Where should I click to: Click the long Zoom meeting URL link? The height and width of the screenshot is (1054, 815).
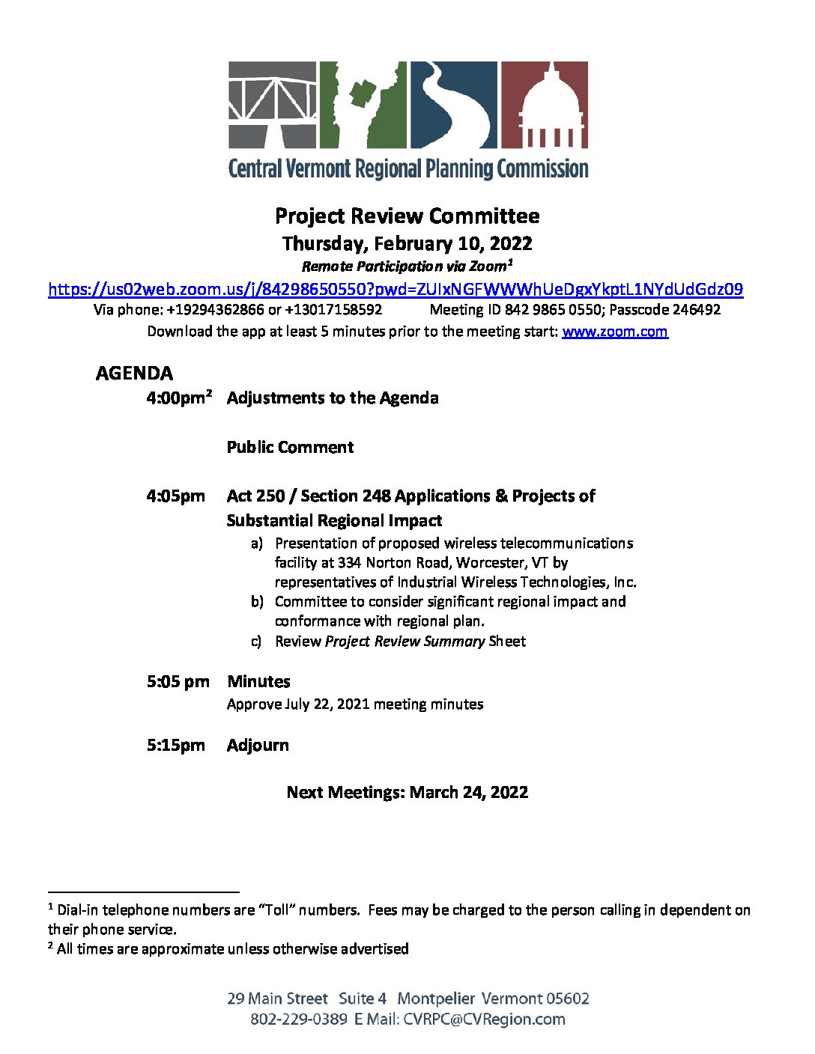pos(396,289)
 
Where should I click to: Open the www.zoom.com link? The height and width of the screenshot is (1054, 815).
pos(614,331)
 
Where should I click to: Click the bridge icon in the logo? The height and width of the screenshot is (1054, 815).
pos(273,105)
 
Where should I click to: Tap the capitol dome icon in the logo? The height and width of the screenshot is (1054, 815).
pos(544,105)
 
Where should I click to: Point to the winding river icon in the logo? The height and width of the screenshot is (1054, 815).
pos(452,105)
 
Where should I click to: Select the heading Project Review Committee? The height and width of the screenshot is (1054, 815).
pos(407,216)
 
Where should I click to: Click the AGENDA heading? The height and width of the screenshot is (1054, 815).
pos(134,373)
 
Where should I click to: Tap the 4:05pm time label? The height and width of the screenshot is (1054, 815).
pos(176,496)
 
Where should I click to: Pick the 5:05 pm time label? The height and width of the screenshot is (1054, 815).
pos(178,681)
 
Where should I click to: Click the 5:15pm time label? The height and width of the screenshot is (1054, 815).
pos(176,745)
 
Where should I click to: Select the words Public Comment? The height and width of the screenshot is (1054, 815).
pos(290,447)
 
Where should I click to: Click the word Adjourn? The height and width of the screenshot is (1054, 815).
pos(258,745)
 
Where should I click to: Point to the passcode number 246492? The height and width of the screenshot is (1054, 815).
pos(696,309)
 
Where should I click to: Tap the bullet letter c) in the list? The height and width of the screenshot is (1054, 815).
pos(257,642)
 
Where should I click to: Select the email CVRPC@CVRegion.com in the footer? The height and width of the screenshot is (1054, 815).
pos(484,1019)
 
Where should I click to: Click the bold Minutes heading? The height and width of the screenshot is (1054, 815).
pos(258,681)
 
